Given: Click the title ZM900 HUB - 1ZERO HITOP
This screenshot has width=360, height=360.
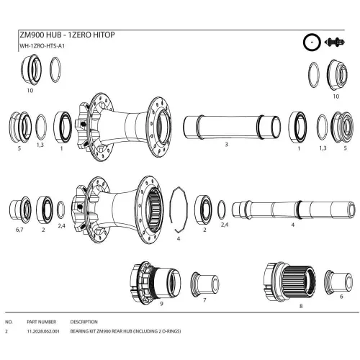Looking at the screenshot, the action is pyautogui.click(x=67, y=35).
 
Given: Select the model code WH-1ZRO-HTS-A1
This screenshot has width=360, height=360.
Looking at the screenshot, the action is pyautogui.click(x=42, y=46).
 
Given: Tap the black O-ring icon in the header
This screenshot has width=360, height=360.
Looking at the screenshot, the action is pyautogui.click(x=312, y=42).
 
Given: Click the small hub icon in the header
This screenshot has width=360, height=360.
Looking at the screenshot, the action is pyautogui.click(x=335, y=42).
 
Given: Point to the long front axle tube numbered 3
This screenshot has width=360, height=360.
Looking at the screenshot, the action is pyautogui.click(x=232, y=127).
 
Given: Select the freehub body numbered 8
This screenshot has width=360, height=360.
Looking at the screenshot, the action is pyautogui.click(x=289, y=282).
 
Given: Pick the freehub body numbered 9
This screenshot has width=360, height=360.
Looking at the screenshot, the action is pyautogui.click(x=156, y=281).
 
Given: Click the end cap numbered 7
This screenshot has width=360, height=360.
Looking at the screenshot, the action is pyautogui.click(x=204, y=284).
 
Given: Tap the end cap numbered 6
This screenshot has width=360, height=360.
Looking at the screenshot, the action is pyautogui.click(x=338, y=282).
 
